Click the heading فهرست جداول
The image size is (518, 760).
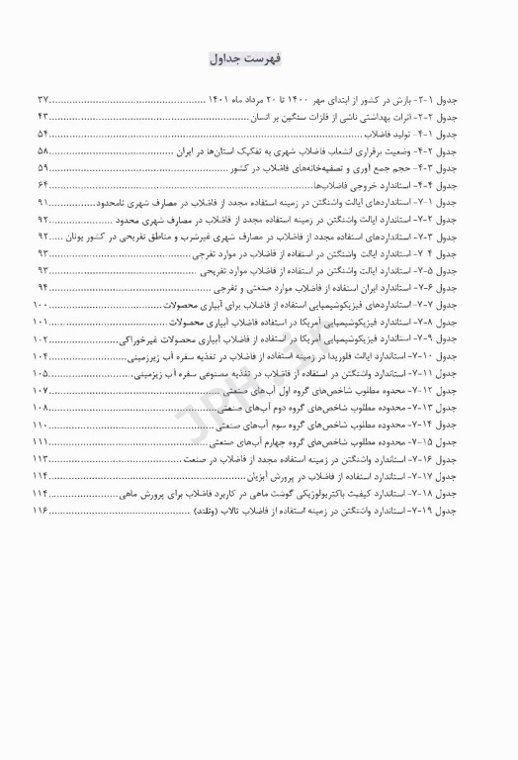259,58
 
